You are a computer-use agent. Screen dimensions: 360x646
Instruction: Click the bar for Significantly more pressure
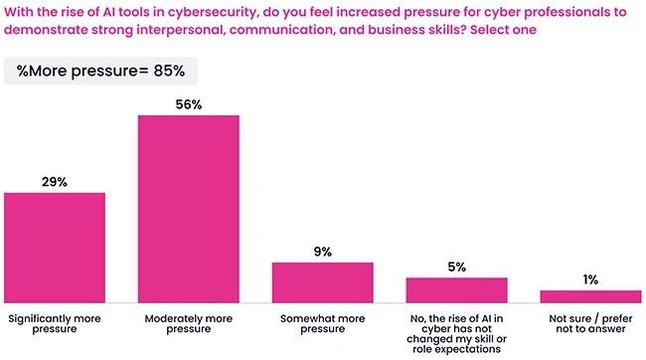pyautogui.click(x=55, y=247)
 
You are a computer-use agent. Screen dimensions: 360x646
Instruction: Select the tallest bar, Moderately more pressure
pyautogui.click(x=188, y=208)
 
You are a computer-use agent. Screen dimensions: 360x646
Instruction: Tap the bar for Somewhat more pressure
pyautogui.click(x=322, y=281)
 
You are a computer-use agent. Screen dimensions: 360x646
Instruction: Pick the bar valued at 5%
pyautogui.click(x=456, y=289)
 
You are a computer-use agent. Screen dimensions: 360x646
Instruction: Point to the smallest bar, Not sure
pyautogui.click(x=590, y=295)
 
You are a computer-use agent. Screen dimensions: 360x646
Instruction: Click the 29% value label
pyautogui.click(x=55, y=182)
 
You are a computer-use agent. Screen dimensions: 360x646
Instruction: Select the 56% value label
pyautogui.click(x=188, y=104)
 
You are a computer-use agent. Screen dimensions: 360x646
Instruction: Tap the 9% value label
pyautogui.click(x=322, y=252)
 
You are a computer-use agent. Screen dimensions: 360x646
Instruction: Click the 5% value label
pyautogui.click(x=456, y=267)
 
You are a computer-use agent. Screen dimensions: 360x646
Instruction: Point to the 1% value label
pyautogui.click(x=590, y=279)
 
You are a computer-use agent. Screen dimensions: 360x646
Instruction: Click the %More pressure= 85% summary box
pyautogui.click(x=101, y=72)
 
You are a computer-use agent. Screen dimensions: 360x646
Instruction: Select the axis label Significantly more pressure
pyautogui.click(x=55, y=326)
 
